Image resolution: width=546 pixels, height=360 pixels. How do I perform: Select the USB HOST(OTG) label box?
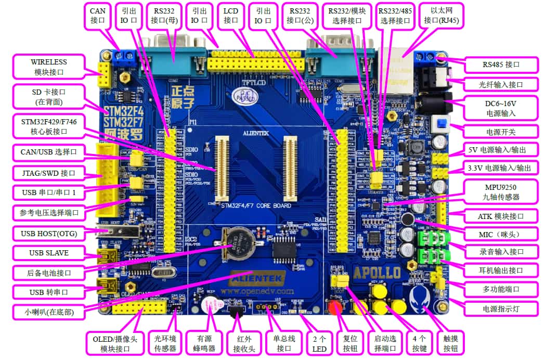(49, 234)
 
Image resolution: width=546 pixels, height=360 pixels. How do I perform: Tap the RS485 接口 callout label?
(500, 65)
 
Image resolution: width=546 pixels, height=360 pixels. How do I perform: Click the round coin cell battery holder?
(238, 243)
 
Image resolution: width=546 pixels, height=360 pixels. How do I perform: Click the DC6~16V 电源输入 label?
(500, 108)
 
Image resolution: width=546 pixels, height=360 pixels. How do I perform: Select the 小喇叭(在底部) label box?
(49, 312)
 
